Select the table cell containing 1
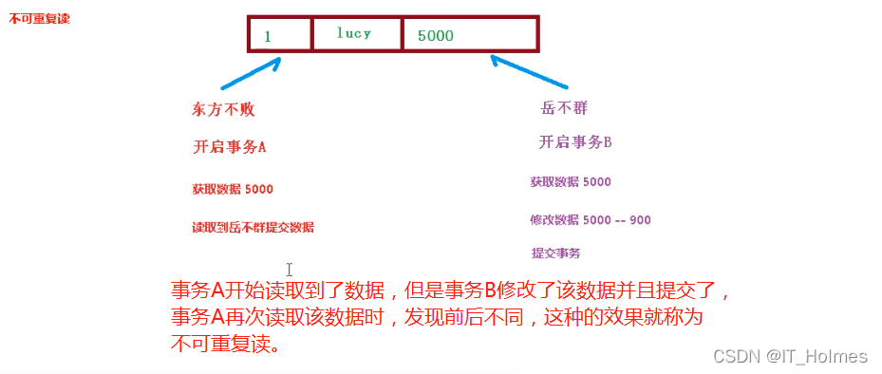(280, 34)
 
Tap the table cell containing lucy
(356, 33)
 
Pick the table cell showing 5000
(470, 34)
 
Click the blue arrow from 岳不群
(528, 74)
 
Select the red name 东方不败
(224, 110)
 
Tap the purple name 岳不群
(558, 108)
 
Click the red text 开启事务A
(230, 147)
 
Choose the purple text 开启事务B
(575, 142)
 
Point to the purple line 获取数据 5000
(571, 181)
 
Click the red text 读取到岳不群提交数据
(253, 228)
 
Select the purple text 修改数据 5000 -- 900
(591, 220)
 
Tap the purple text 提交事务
(555, 252)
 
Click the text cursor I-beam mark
(290, 271)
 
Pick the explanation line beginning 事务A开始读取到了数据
(450, 291)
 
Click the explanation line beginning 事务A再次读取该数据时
(437, 318)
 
